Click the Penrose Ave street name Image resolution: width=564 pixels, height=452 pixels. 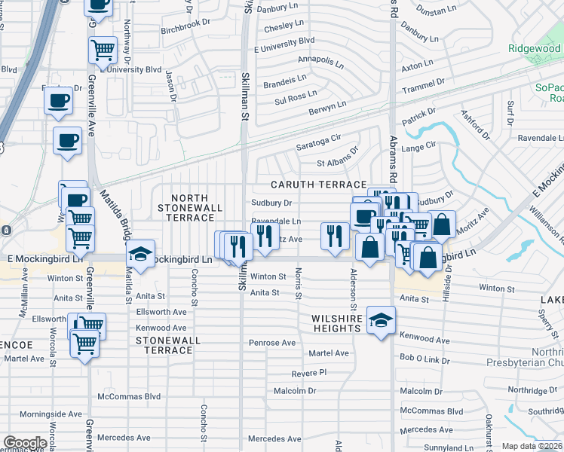point(273,343)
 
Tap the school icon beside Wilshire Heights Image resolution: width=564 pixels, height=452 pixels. point(382,319)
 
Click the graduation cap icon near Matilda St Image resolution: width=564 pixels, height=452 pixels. point(140,253)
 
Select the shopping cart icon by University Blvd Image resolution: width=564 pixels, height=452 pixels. point(103,50)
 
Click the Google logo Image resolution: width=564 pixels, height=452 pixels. point(25,443)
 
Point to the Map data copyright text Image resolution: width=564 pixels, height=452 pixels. point(532,446)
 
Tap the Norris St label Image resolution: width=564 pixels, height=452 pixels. point(299,282)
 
